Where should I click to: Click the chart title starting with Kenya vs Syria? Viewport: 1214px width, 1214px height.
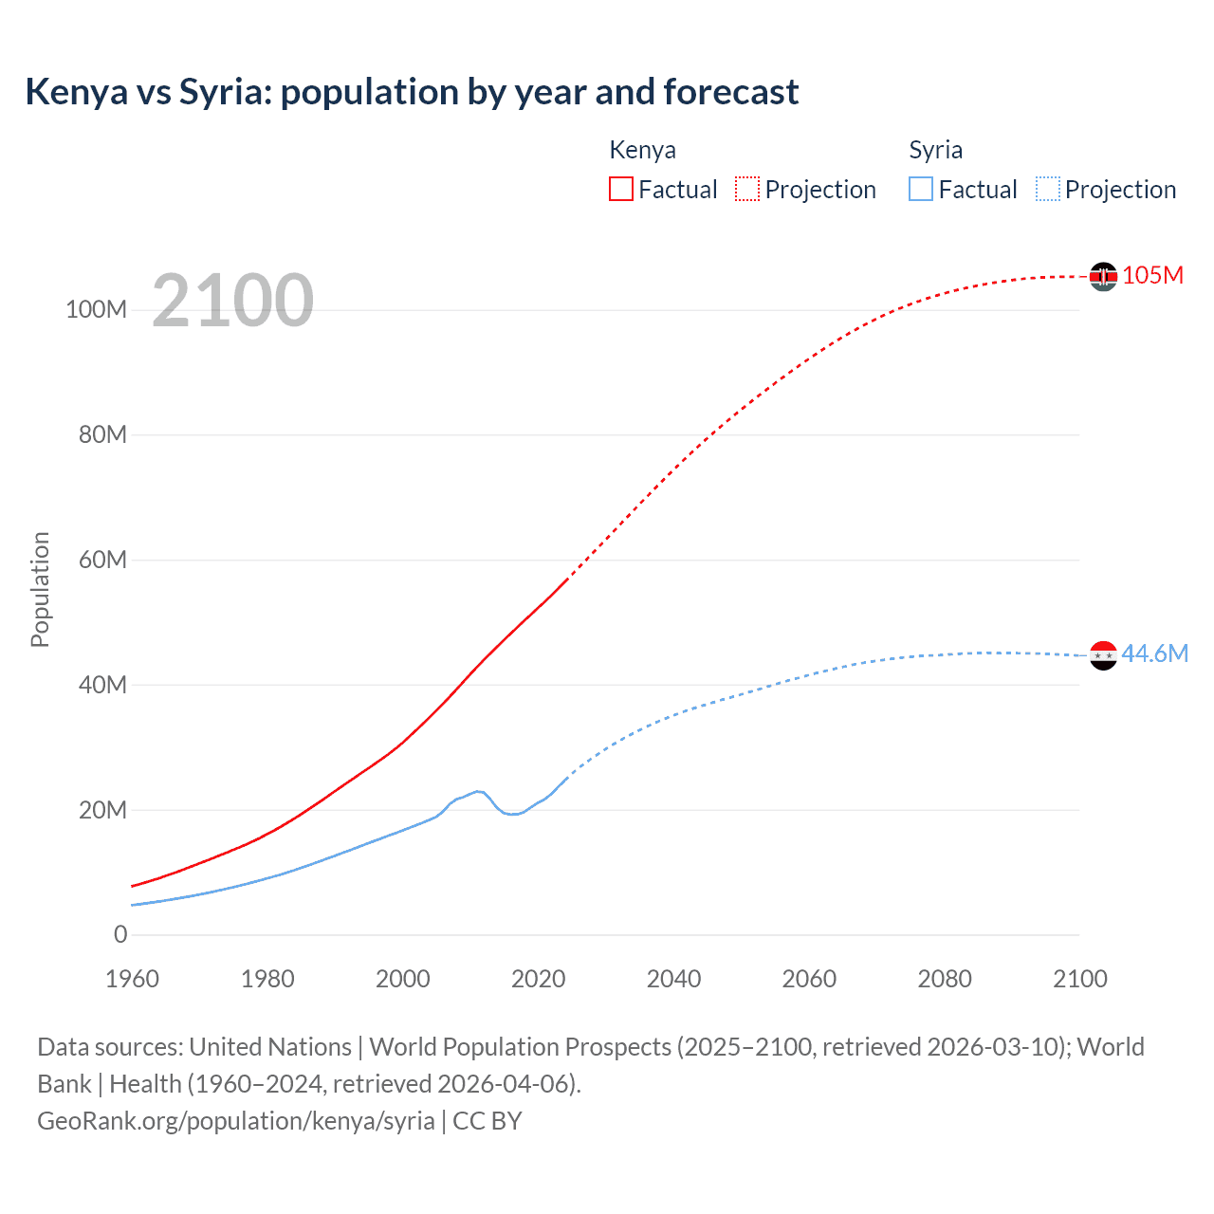coord(412,92)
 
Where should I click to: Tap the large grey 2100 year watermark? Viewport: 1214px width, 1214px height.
coord(232,301)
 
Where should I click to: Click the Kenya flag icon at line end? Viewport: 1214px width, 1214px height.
coord(1103,276)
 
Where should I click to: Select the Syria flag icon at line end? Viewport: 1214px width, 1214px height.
coord(1103,655)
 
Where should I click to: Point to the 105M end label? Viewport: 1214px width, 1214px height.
coord(1152,275)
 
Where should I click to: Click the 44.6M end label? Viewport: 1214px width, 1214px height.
coord(1154,653)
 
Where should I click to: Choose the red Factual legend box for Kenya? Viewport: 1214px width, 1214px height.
coord(621,189)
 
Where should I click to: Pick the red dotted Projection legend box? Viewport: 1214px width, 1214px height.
coord(747,189)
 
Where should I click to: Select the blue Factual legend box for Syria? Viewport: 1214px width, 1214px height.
coord(921,189)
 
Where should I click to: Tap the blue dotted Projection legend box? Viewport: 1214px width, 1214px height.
coord(1048,189)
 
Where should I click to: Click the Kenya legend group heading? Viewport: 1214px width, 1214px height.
coord(642,150)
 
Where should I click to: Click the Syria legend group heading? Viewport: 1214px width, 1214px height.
coord(935,150)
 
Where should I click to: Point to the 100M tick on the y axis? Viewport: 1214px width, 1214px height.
coord(96,309)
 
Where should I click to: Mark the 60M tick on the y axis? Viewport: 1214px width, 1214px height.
coord(102,560)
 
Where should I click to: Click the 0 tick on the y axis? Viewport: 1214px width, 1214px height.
coord(120,934)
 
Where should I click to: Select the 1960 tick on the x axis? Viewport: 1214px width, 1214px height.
coord(132,979)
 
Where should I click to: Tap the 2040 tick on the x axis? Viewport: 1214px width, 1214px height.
coord(673,979)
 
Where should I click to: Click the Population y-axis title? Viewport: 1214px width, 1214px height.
coord(40,589)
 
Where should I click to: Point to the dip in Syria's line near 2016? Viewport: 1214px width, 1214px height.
coord(513,814)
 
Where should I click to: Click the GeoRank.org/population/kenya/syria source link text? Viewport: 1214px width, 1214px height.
coord(236,1121)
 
